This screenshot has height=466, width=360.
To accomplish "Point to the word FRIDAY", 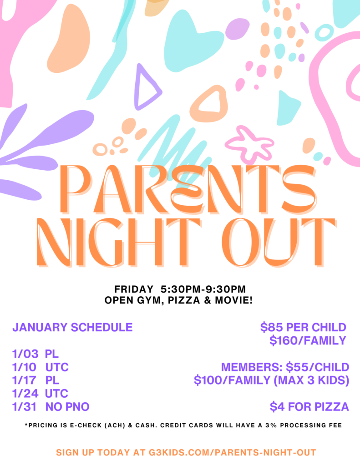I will pyautogui.click(x=134, y=289).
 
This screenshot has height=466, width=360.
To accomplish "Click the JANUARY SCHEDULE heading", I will pyautogui.click(x=72, y=327).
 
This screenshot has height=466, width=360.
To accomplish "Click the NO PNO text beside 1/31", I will pyautogui.click(x=67, y=406).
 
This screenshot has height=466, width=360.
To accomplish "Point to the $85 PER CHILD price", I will pyautogui.click(x=303, y=327).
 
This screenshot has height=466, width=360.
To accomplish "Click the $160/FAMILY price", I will pyautogui.click(x=308, y=340).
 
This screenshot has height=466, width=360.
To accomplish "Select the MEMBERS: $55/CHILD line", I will pyautogui.click(x=285, y=367).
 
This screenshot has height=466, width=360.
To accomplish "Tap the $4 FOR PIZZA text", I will pyautogui.click(x=309, y=406).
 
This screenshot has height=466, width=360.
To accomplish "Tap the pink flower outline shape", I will pyautogui.click(x=248, y=144).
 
